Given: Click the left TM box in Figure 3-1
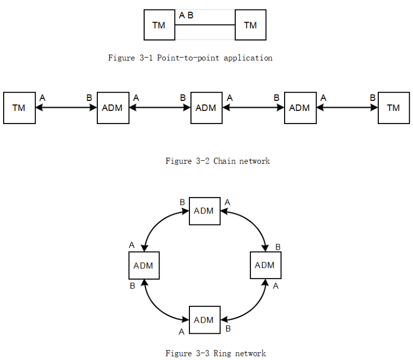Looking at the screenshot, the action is pos(159,25).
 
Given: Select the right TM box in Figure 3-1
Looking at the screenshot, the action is pos(250,25).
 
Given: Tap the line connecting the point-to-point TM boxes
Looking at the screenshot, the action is pos(205,25).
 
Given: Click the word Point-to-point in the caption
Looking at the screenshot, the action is pos(188,58).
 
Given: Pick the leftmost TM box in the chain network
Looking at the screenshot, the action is pos(19,108).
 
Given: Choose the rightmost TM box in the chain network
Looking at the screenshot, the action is pos(394,108).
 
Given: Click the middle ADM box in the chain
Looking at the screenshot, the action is pos(206,108).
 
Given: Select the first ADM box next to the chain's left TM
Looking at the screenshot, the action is pos(113,108).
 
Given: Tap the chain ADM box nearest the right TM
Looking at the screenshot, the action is pos(300,108).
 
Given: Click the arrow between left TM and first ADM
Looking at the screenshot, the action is pos(66,108).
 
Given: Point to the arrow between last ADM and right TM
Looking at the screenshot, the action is pos(347,108).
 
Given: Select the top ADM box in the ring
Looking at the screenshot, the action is pos(205,211).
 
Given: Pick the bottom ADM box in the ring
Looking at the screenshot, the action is pos(205,320).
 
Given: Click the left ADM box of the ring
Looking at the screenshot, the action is pos(144,265).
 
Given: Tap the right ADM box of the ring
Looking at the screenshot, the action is pos(266,265).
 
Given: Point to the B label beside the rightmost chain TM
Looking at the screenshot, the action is pos(372,98).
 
